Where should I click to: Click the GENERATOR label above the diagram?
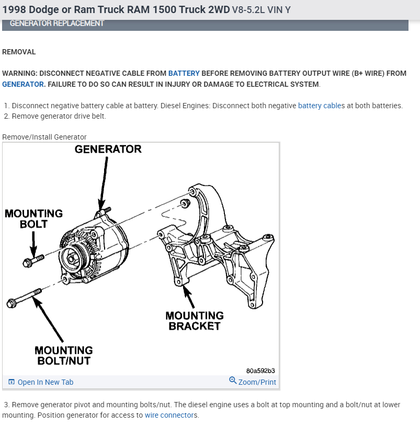point(108,149)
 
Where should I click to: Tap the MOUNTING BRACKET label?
point(194,320)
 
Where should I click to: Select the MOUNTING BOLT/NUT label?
point(63,355)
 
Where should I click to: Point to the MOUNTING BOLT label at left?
point(33,219)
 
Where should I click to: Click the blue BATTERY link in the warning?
point(184,73)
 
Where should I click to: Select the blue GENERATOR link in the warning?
point(23,84)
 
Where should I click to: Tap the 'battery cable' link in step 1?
point(320,106)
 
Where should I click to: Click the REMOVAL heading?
point(19,52)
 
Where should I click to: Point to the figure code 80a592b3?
point(260,371)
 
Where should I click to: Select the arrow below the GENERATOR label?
point(104,180)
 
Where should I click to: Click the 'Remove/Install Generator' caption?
point(44,137)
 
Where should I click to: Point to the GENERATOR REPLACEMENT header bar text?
point(57,24)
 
